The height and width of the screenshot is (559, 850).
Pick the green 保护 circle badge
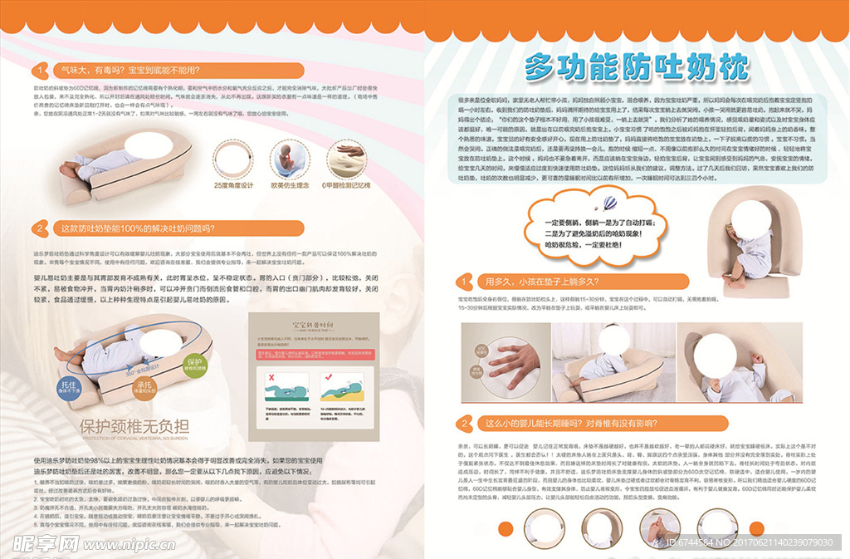pos(194,365)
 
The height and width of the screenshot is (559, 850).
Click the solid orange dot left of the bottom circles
pos(504,528)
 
